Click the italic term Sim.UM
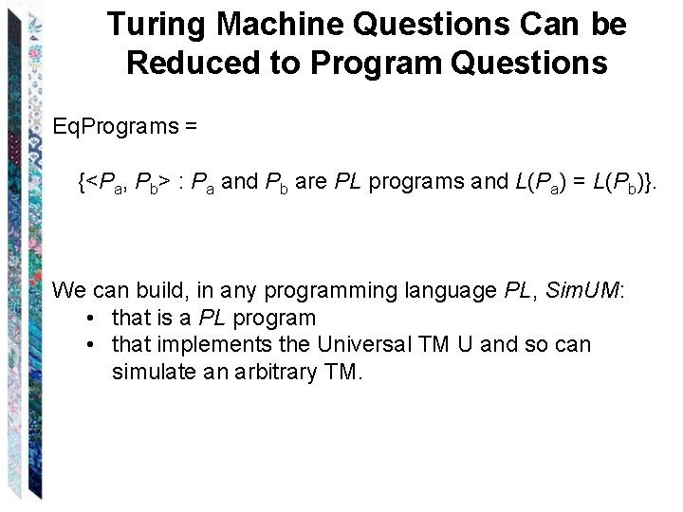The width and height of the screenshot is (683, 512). (x=582, y=289)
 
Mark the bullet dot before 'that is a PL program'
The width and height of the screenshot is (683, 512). (x=87, y=318)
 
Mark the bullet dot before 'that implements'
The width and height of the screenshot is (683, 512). (x=87, y=344)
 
